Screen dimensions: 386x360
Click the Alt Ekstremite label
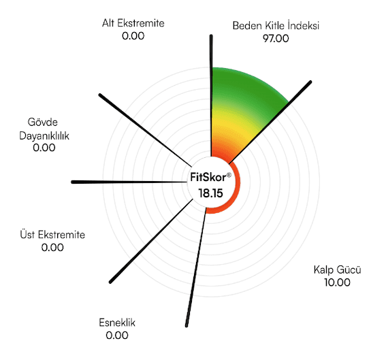pyautogui.click(x=133, y=23)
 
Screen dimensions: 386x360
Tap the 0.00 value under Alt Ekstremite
pyautogui.click(x=133, y=36)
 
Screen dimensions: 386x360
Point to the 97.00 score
pyautogui.click(x=276, y=39)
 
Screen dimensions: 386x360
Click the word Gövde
pyautogui.click(x=43, y=122)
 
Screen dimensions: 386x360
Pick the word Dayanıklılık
pyautogui.click(x=44, y=136)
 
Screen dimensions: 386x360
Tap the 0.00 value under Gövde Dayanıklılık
pyautogui.click(x=44, y=148)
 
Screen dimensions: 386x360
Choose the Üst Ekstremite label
pyautogui.click(x=52, y=235)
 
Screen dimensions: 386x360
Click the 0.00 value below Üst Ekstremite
pyautogui.click(x=52, y=248)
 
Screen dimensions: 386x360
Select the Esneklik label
pyautogui.click(x=117, y=323)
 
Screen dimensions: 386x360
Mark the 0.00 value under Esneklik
pyautogui.click(x=117, y=336)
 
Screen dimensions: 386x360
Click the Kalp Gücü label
pyautogui.click(x=337, y=269)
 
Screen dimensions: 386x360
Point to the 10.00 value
pyautogui.click(x=337, y=282)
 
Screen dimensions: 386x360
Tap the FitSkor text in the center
pyautogui.click(x=208, y=178)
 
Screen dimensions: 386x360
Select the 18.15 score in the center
pyautogui.click(x=211, y=193)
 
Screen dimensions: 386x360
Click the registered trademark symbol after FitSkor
pyautogui.click(x=229, y=175)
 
